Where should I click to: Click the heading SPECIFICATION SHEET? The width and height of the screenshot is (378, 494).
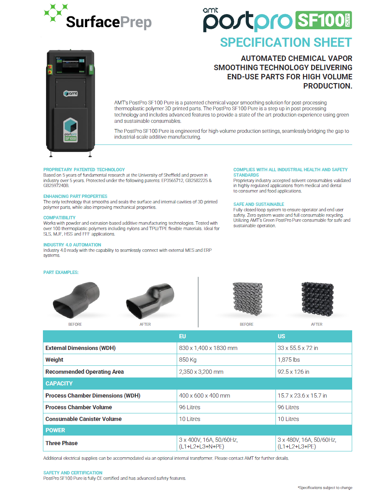286,42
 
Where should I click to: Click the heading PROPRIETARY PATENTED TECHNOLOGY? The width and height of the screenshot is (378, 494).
84,170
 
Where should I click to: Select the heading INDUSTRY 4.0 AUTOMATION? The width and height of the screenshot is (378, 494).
72,245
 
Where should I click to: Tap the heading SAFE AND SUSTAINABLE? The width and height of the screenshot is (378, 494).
259,204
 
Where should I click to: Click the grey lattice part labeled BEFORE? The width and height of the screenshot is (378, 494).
247,299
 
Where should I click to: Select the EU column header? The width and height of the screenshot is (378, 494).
182,336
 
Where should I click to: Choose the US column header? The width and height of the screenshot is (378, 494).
282,336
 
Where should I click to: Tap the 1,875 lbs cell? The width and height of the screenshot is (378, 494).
289,360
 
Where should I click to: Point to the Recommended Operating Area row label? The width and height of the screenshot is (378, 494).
85,372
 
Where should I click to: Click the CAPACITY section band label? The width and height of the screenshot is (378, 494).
59,383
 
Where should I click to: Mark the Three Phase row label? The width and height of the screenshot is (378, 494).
62,443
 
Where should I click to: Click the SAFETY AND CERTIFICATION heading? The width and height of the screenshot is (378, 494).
73,473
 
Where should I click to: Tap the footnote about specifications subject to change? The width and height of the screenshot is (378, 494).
325,488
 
